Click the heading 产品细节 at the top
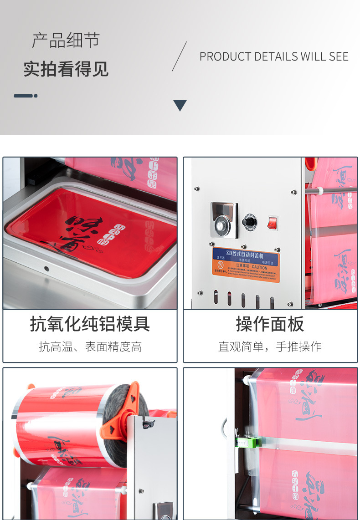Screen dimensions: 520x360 click(66, 41)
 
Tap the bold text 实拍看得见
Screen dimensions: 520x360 click(66, 69)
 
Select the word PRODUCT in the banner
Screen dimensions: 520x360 click(225, 57)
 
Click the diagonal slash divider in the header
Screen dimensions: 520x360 click(179, 56)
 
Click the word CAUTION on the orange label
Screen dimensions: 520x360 click(259, 268)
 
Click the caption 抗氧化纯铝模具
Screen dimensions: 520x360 click(90, 324)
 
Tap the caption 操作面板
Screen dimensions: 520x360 click(270, 324)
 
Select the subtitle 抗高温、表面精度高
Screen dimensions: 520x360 click(90, 347)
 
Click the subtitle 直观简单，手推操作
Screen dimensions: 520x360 click(270, 347)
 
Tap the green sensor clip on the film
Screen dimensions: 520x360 click(249, 441)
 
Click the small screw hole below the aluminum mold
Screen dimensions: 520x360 click(46, 269)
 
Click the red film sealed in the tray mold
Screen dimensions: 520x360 click(91, 232)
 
